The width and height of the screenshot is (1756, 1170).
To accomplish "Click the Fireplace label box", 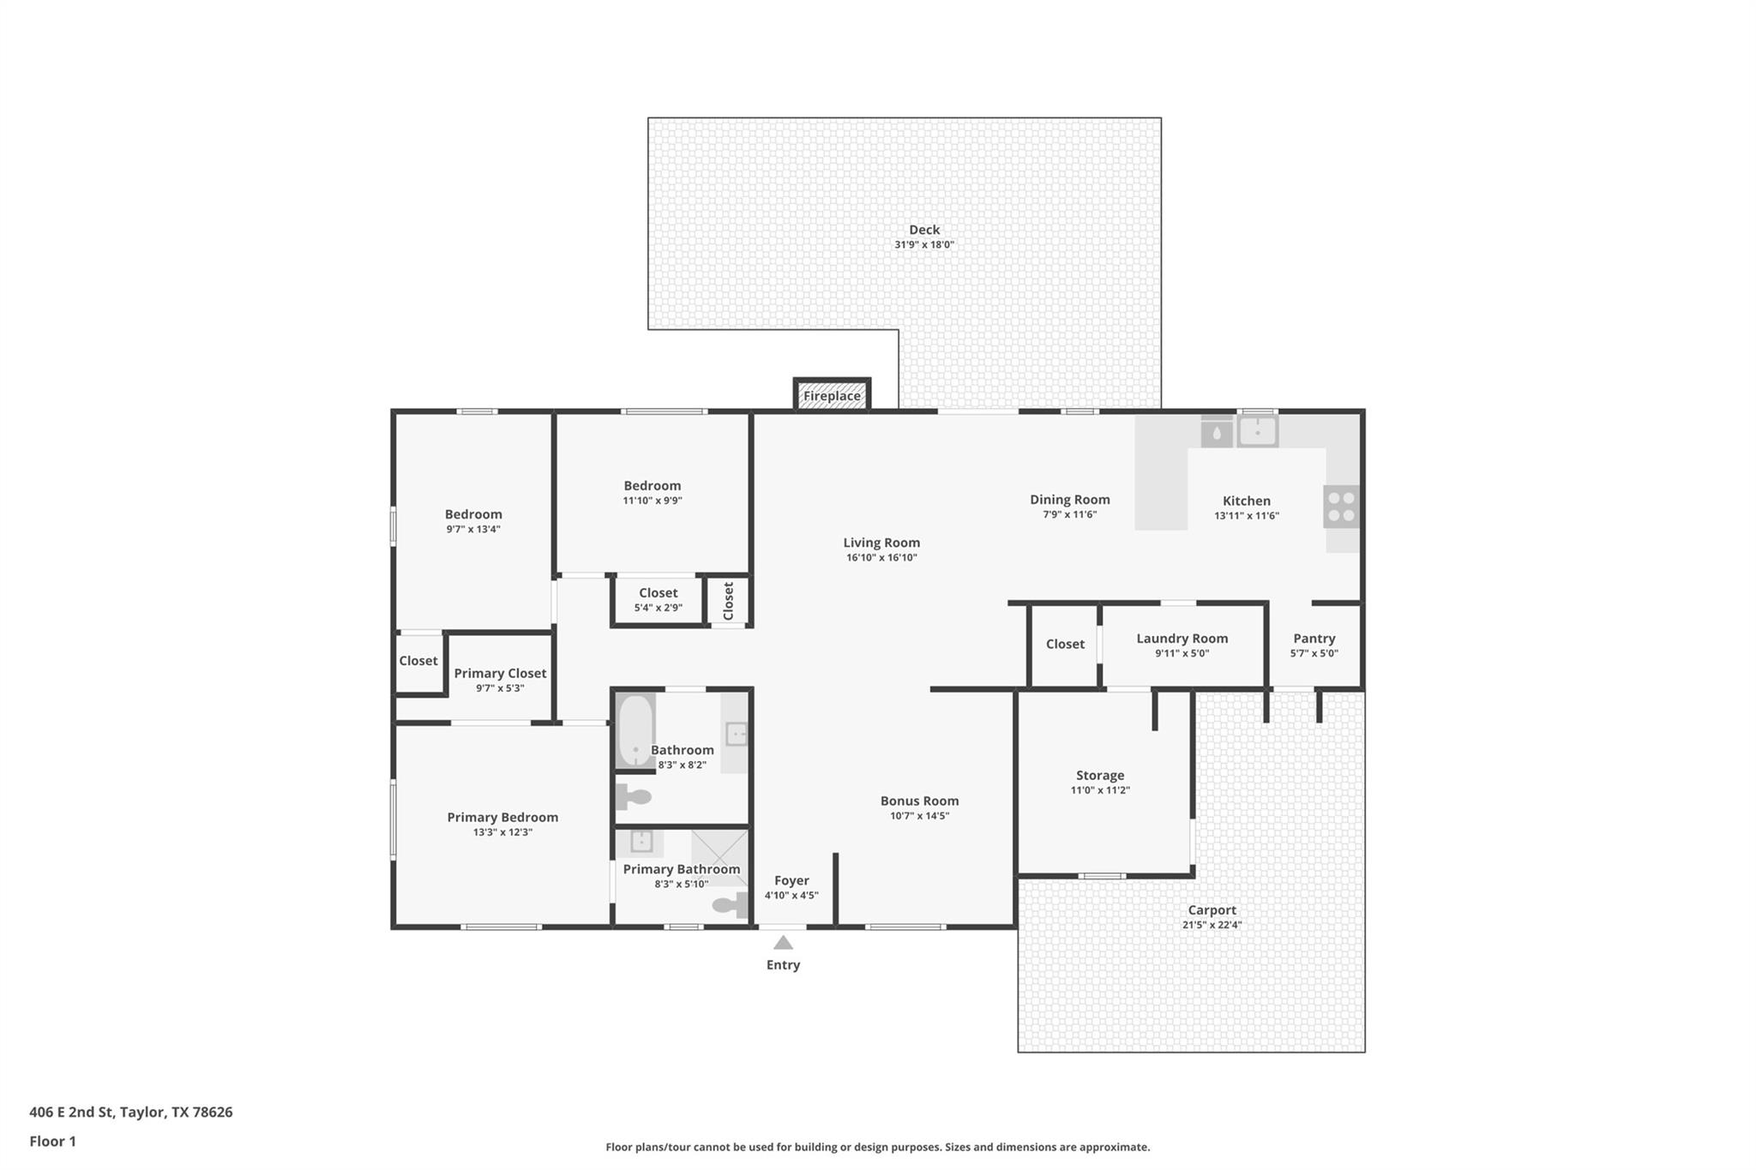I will [832, 396].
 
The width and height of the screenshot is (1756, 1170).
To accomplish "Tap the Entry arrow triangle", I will [783, 943].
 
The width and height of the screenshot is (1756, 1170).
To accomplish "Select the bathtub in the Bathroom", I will [635, 730].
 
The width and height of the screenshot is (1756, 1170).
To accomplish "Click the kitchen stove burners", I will [1341, 507].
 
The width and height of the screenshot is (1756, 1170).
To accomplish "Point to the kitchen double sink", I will [1257, 431].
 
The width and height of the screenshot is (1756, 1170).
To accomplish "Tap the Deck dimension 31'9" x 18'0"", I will [923, 245].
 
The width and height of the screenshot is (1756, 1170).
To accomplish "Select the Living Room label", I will [881, 543].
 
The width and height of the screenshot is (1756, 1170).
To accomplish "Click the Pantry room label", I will [1314, 639].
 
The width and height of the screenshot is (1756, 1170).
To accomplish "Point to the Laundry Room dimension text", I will [1182, 654].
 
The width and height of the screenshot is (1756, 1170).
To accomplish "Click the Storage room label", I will [1099, 776].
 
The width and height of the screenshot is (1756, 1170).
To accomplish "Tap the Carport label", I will [1212, 910].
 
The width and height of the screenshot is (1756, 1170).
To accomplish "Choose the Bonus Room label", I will [919, 801].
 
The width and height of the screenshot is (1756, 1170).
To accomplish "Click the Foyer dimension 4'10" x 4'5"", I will [791, 896].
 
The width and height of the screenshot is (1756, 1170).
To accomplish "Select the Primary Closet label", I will [500, 674].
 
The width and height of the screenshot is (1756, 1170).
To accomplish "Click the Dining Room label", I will [1069, 500].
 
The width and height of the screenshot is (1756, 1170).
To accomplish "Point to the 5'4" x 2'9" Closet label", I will [658, 593].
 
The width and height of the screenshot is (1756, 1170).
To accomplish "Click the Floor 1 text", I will [52, 1142].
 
